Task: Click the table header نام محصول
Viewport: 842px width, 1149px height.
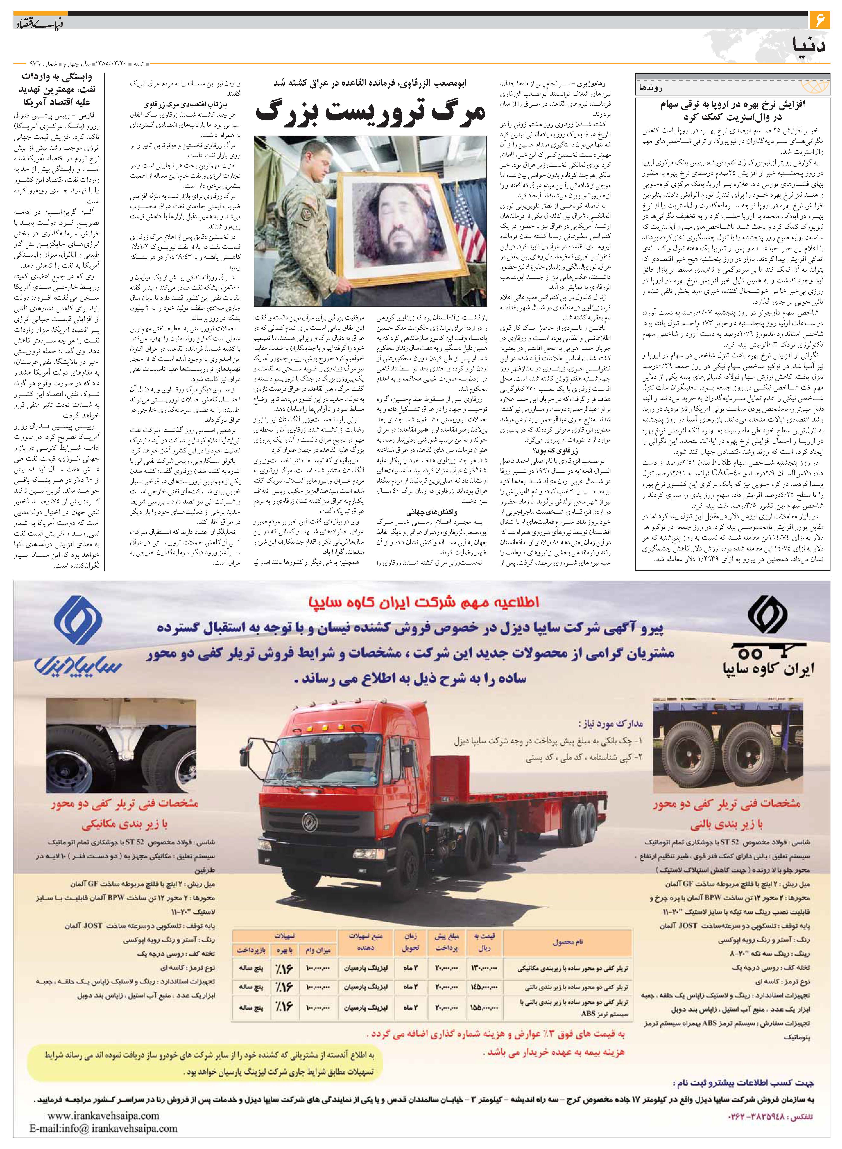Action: pos(567,942)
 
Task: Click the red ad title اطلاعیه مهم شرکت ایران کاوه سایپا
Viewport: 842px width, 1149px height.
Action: pos(423,602)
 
